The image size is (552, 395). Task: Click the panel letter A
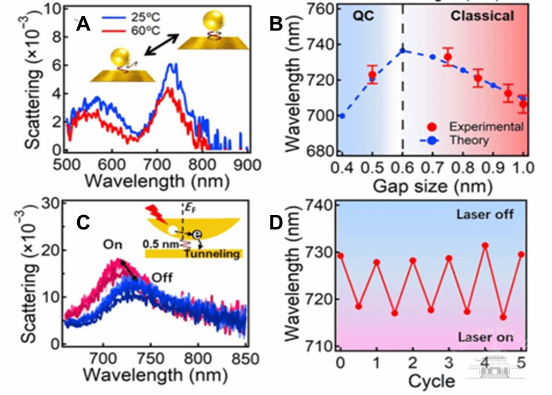(x=84, y=24)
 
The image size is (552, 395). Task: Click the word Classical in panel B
(x=482, y=16)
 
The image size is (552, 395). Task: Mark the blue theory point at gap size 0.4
(x=342, y=116)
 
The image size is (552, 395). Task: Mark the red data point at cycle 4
(x=485, y=245)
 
